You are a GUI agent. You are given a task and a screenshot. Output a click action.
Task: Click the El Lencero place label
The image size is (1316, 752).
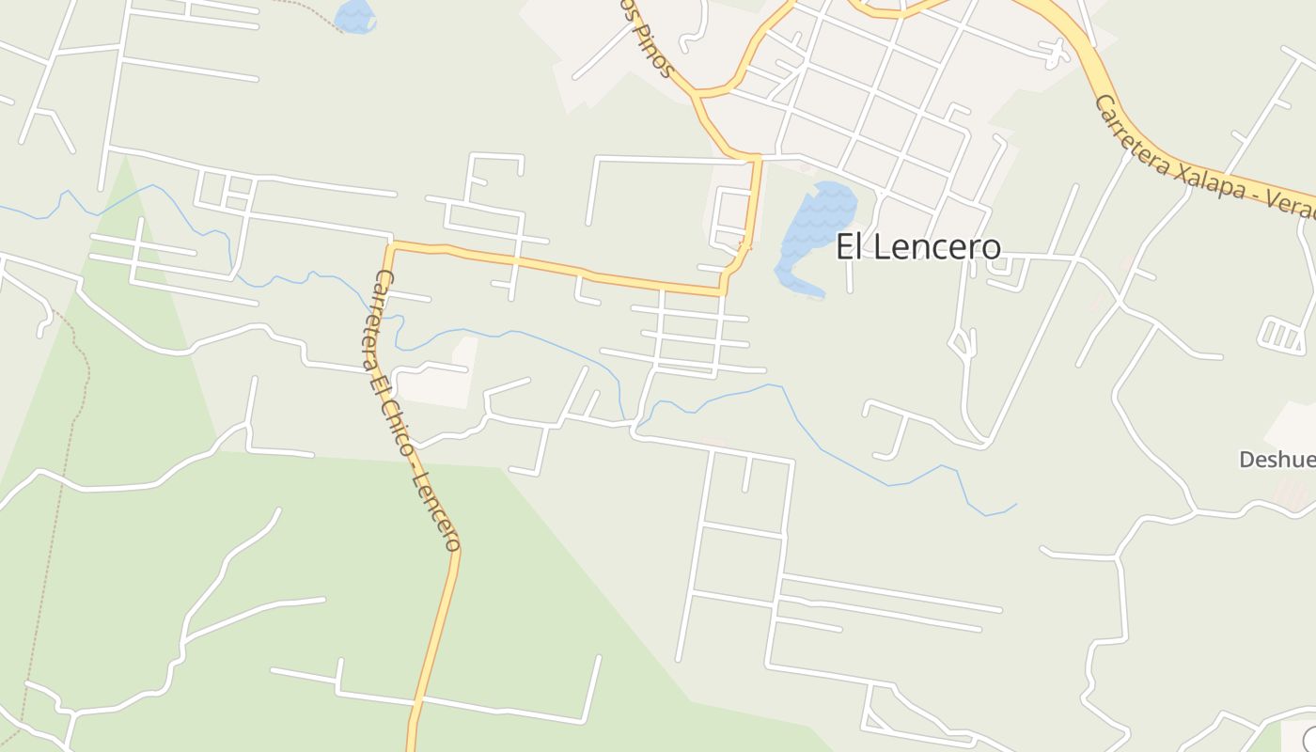coord(918,246)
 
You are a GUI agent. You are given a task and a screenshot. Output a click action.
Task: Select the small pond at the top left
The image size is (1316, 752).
coord(354,16)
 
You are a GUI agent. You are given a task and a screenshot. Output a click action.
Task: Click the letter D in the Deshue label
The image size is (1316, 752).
coord(1246,460)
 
